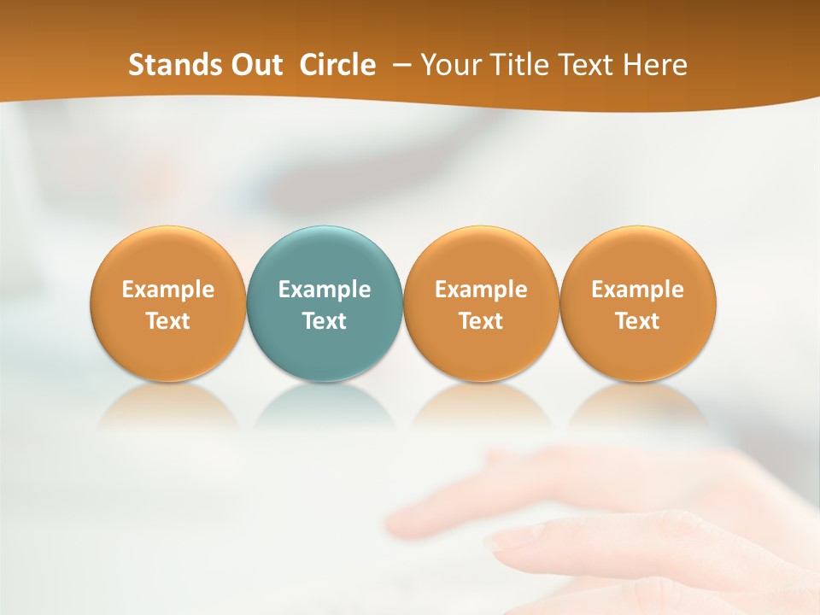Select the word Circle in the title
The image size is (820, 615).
337,65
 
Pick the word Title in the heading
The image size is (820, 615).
515,65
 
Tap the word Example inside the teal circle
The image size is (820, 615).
325,290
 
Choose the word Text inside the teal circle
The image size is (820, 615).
325,321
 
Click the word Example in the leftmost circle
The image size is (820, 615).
167,290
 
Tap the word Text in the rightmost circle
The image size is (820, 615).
638,321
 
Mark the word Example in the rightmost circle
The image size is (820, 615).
638,290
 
